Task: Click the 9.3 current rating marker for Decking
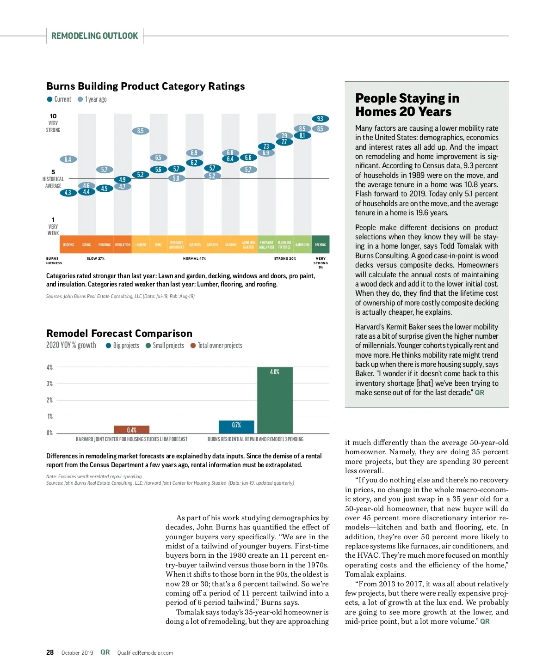320,119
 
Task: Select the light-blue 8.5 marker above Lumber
141,131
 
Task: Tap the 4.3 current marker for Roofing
68,193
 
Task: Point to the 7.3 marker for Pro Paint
266,146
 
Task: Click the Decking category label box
321,244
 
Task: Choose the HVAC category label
159,244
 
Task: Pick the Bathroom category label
302,244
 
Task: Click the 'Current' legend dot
49,99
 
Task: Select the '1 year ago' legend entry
92,99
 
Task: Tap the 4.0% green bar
275,400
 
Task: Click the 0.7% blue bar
236,426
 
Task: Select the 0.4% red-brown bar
132,430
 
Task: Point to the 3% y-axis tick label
49,384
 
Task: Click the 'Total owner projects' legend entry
216,346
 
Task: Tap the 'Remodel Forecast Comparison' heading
119,333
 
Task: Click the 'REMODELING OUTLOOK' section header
94,36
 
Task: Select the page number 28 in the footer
50,652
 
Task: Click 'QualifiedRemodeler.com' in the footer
145,653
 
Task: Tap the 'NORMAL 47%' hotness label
194,259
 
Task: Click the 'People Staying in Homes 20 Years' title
407,105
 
